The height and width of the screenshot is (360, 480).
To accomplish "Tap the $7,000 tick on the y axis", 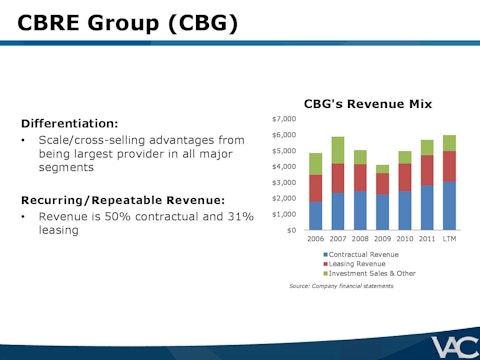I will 284,119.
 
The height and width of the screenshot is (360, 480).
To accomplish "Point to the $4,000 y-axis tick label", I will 284,166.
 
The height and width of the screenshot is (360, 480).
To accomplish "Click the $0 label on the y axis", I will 290,230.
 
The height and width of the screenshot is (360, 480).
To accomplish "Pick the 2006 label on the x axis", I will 315,241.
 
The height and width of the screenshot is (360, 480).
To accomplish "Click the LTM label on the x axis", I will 449,241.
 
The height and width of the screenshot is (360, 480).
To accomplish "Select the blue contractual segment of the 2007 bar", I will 338,211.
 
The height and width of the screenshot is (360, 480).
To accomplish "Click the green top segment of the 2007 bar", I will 338,150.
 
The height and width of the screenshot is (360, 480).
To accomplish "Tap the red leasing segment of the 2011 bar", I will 427,170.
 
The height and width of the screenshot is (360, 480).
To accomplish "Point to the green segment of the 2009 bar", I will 382,169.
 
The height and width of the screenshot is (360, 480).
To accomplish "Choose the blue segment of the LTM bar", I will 449,206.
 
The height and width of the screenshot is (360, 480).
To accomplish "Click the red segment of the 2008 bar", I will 360,177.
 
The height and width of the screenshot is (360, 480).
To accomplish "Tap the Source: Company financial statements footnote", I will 341,286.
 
